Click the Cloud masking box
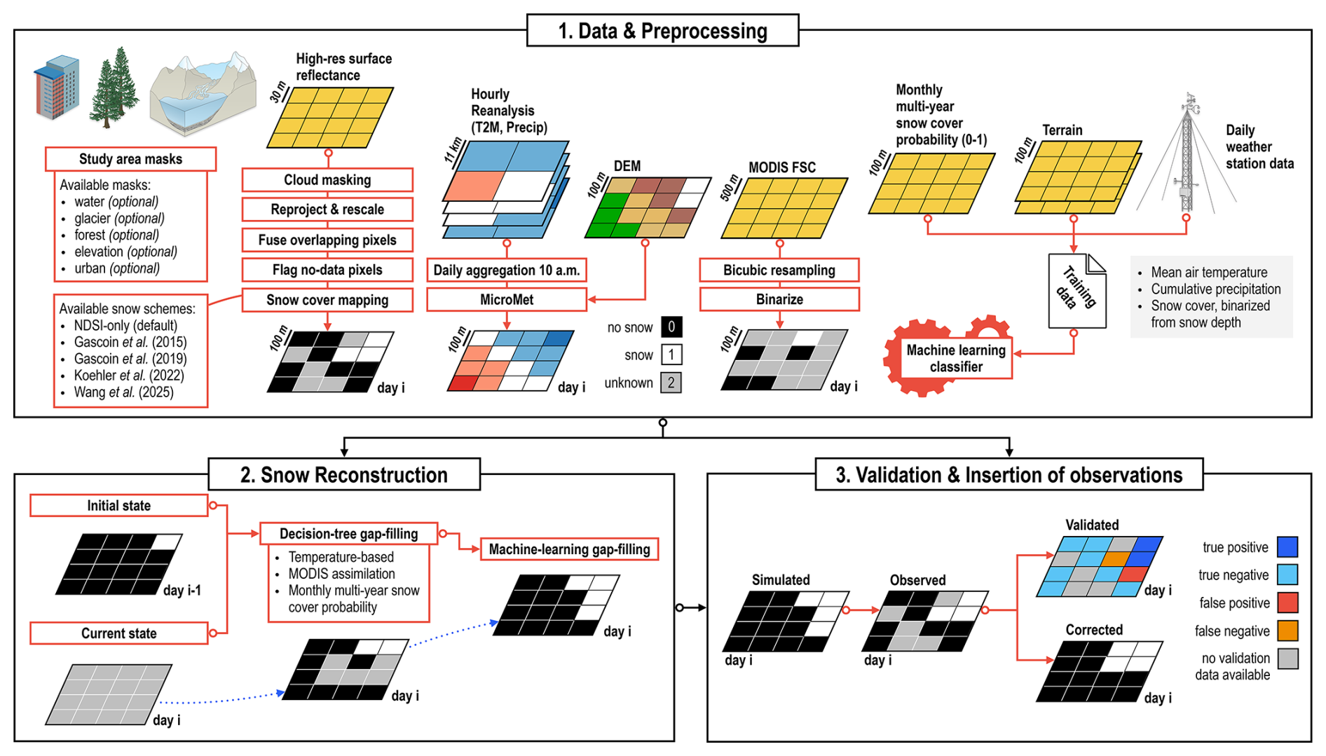327,180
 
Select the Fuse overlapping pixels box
327,240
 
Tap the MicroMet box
507,300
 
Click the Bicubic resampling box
779,270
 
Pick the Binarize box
779,300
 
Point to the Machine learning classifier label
956,358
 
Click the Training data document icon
1077,291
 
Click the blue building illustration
56,88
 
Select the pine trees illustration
114,88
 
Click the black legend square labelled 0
671,327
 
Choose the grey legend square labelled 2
671,383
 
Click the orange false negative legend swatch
1287,631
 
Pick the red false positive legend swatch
1287,603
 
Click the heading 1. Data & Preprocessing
662,31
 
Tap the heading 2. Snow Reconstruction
344,475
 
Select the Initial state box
119,506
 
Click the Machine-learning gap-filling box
569,549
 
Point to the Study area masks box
130,159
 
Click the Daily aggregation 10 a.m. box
507,270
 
